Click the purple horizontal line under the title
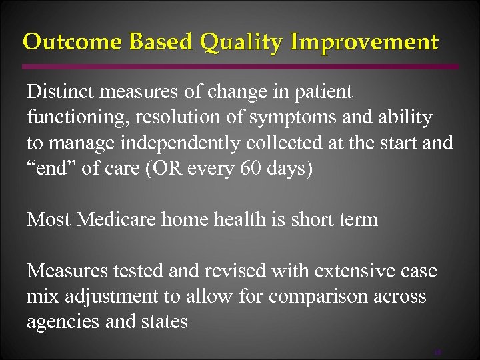(240, 67)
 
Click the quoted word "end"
(51, 167)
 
